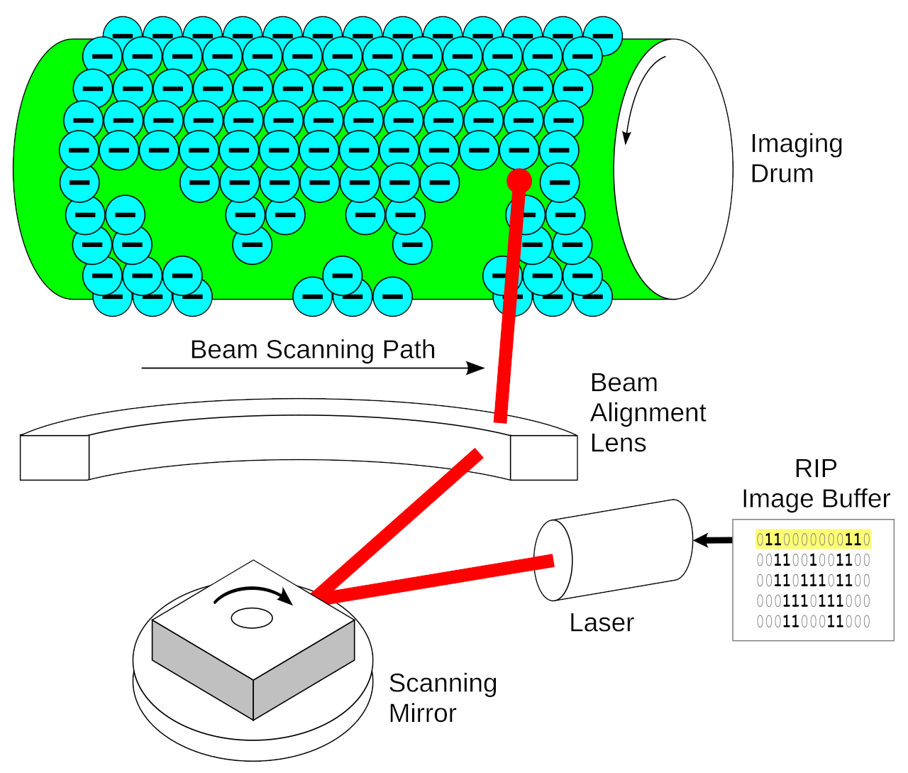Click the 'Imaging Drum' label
(796, 158)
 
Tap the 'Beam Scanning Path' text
(312, 350)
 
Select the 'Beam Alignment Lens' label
(648, 412)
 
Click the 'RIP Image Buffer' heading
(815, 484)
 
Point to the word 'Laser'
(601, 623)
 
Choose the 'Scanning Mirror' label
(443, 698)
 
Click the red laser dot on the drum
(519, 180)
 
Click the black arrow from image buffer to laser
(712, 540)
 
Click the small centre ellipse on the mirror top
(252, 618)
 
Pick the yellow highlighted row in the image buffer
(813, 539)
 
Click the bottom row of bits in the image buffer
(813, 622)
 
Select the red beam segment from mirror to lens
(397, 522)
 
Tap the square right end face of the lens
(543, 458)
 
